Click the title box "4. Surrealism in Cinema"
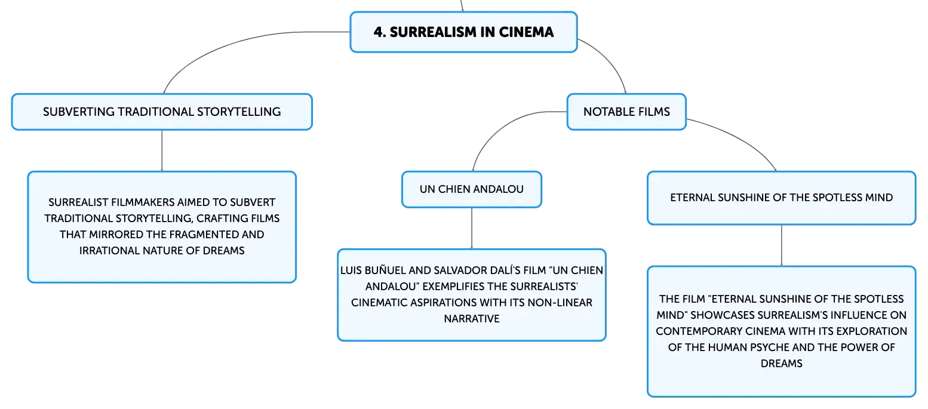click(463, 32)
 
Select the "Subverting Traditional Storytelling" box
click(162, 112)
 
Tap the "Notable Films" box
click(626, 112)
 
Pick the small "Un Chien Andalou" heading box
click(471, 189)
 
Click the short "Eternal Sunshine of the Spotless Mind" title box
click(781, 198)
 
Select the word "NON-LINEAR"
click(560, 303)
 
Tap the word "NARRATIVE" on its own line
click(471, 319)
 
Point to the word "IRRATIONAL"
click(109, 251)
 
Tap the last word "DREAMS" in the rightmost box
click(781, 364)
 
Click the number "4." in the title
click(380, 32)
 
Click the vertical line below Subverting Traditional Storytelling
click(162, 151)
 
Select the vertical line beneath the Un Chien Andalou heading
click(471, 228)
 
